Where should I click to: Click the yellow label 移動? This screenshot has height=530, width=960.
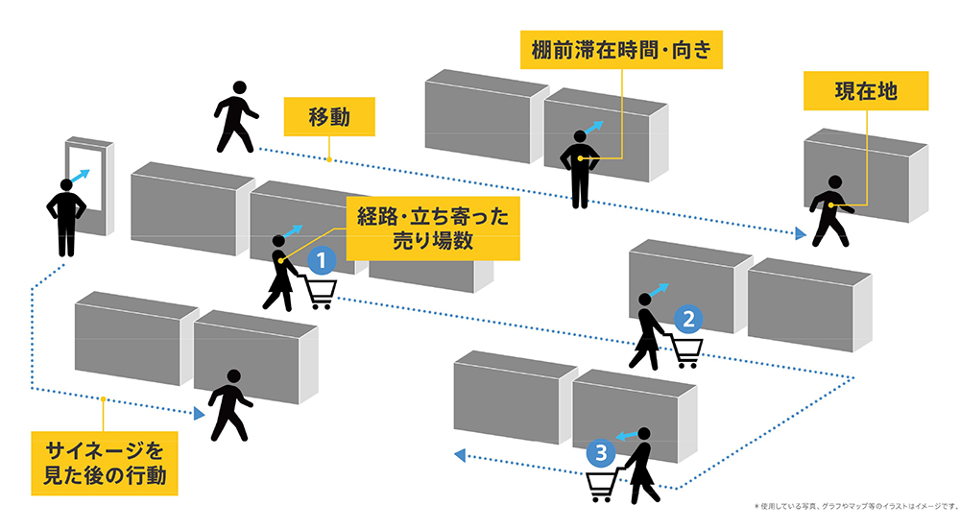[328, 119]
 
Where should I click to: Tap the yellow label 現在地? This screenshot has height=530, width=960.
[866, 92]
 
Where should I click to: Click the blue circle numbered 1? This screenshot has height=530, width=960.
[322, 258]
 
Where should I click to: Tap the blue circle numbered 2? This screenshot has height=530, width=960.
[687, 318]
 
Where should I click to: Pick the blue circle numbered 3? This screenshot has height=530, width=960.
[600, 451]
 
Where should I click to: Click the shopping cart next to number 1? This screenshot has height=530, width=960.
[320, 291]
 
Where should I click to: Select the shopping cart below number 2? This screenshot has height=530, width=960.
[685, 351]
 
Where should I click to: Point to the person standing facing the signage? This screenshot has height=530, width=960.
[66, 216]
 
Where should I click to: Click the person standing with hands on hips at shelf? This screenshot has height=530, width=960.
[580, 168]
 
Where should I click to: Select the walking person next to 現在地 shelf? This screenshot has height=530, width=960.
[828, 211]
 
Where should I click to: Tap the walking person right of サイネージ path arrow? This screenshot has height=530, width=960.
[230, 404]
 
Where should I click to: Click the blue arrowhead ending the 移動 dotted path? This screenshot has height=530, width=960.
[800, 233]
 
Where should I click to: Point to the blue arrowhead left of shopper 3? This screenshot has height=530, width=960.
[460, 454]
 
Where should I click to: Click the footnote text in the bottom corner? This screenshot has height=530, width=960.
[855, 505]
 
